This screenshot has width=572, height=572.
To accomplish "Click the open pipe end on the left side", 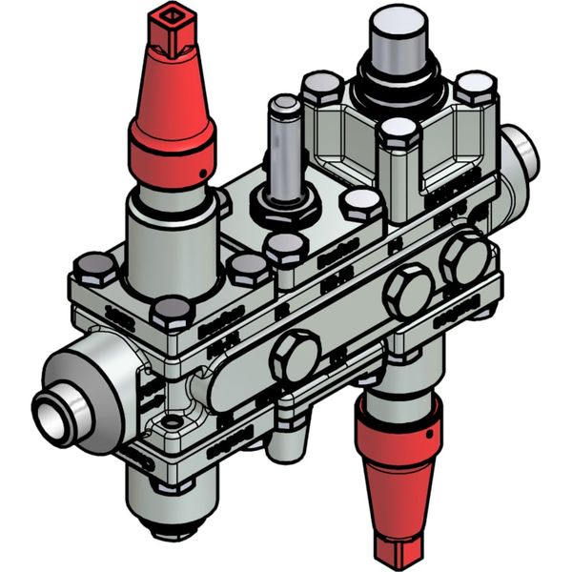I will (51, 417).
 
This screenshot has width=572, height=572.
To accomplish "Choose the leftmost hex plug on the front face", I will (295, 357).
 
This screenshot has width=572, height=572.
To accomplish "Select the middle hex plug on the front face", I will (407, 292).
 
